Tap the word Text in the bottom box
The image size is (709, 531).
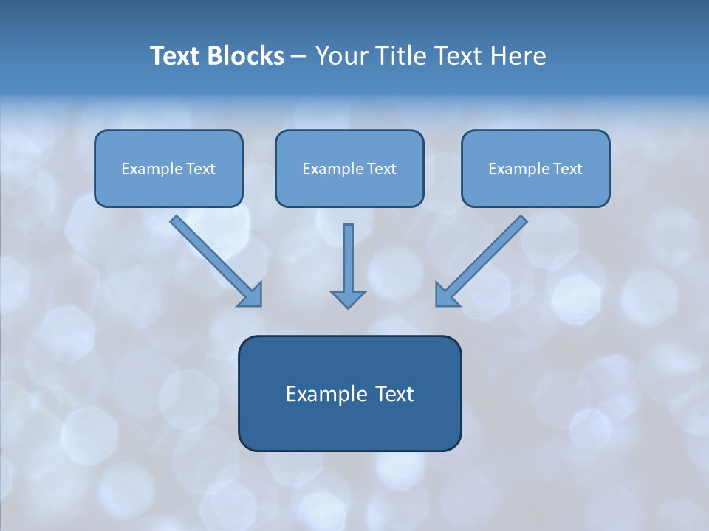tap(394, 394)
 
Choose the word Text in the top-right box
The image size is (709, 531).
tap(567, 169)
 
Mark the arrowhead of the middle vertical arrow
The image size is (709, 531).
tap(348, 299)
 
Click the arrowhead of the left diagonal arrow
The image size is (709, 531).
tap(252, 295)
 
